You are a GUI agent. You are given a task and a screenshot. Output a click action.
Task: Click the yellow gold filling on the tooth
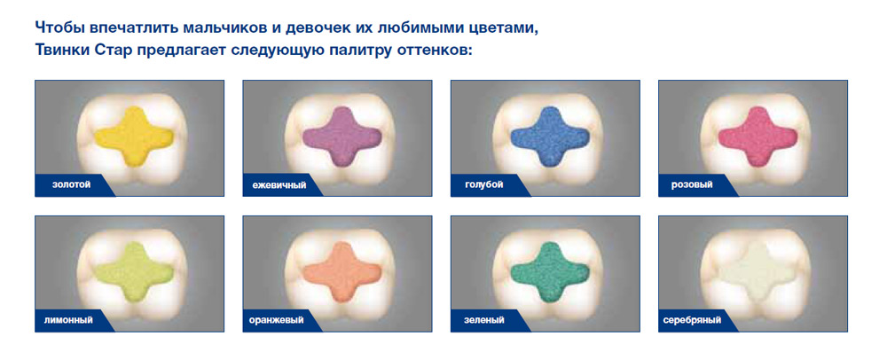pyautogui.click(x=134, y=137)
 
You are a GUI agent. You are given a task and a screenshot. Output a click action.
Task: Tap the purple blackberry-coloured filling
pyautogui.click(x=341, y=137)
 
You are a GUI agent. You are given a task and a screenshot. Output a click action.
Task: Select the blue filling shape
pyautogui.click(x=549, y=137)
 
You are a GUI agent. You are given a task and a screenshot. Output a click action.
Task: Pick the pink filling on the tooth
pyautogui.click(x=757, y=137)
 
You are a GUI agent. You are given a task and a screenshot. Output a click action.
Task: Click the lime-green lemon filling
pyautogui.click(x=134, y=272)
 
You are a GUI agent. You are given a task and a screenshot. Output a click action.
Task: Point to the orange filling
pyautogui.click(x=341, y=272)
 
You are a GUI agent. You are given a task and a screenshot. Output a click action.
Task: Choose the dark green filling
pyautogui.click(x=549, y=272)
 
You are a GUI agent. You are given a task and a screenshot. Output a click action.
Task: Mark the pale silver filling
pyautogui.click(x=757, y=272)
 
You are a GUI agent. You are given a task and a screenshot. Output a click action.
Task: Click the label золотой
pyautogui.click(x=71, y=184)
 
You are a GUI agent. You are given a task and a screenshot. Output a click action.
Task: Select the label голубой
pyautogui.click(x=485, y=184)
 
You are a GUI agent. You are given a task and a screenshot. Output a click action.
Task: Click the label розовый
pyautogui.click(x=691, y=184)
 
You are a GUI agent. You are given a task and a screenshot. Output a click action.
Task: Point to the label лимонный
pyautogui.click(x=68, y=320)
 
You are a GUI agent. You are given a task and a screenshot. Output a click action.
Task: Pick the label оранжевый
pyautogui.click(x=277, y=320)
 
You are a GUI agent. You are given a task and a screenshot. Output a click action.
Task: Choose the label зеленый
pyautogui.click(x=485, y=320)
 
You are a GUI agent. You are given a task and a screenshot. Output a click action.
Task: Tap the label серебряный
pyautogui.click(x=693, y=320)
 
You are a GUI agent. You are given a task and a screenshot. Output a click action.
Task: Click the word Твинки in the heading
pyautogui.click(x=60, y=50)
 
